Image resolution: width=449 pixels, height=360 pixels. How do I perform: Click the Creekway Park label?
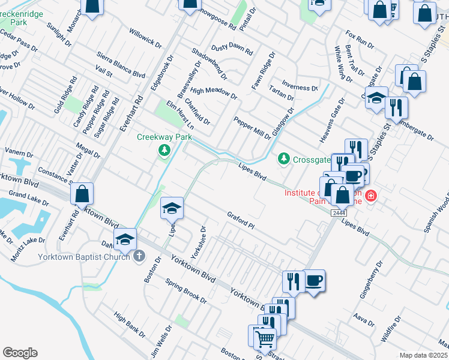click(164, 137)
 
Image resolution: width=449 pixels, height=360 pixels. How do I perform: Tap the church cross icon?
click(139, 257)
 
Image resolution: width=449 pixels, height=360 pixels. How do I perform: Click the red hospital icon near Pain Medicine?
click(370, 196)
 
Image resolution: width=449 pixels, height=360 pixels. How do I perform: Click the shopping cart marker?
click(265, 339)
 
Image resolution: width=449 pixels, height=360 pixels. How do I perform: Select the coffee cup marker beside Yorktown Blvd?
click(315, 281)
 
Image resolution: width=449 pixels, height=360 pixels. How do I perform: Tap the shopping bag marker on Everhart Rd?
click(82, 194)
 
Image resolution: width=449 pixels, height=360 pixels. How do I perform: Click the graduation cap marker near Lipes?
click(172, 208)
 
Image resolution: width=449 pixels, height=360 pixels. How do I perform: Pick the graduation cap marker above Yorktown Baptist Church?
click(125, 239)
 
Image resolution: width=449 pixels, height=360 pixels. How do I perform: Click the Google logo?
click(20, 353)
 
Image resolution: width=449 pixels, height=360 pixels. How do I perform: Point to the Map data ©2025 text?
click(423, 355)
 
